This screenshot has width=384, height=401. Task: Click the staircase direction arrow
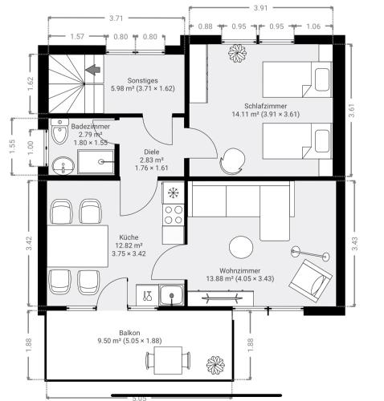93,70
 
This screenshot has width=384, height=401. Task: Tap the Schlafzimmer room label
266,110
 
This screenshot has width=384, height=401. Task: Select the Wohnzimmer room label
240,274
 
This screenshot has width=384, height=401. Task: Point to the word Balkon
129,333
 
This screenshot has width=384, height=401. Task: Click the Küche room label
129,245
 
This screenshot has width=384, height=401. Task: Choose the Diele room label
152,160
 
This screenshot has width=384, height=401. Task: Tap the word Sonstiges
142,80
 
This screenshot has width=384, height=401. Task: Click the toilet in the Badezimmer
59,132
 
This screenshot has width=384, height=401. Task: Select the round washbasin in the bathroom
63,166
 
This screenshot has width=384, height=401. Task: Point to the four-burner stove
174,215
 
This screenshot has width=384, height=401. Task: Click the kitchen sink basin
171,295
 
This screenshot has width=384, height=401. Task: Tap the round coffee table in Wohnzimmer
241,247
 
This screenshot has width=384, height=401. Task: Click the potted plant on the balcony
215,365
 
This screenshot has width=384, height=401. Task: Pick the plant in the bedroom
237,53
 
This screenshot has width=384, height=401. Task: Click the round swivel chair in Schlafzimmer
232,161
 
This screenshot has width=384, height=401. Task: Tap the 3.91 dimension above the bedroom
260,8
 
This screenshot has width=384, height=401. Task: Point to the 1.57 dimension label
77,36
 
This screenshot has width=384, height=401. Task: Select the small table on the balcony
168,360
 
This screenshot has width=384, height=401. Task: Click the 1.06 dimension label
313,26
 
